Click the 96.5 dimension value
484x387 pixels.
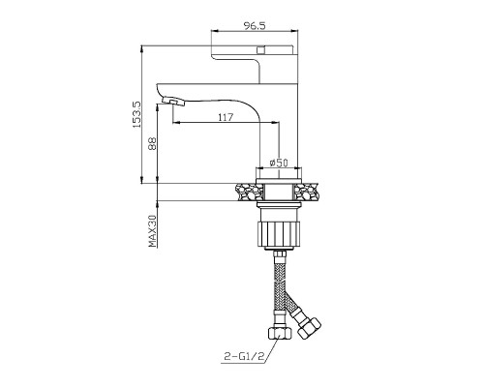[255, 25]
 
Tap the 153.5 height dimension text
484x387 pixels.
[136, 114]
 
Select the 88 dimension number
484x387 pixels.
[152, 143]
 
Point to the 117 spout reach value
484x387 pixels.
[226, 117]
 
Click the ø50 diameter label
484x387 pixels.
[279, 163]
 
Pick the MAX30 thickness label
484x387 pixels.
[152, 231]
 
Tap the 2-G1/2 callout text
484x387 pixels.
[244, 356]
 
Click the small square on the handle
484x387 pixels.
[260, 50]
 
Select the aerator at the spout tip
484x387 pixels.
[173, 101]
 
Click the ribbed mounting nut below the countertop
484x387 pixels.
[279, 233]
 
